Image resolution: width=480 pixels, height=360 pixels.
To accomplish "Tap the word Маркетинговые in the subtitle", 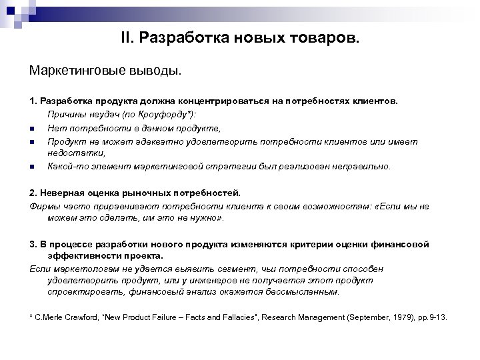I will (x=75, y=70).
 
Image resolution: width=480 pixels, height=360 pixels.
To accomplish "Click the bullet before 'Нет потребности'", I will (x=31, y=127).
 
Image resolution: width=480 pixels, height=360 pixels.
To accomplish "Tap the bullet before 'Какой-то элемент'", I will (x=31, y=166).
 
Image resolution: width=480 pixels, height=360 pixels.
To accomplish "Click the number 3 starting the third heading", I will (x=32, y=243).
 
